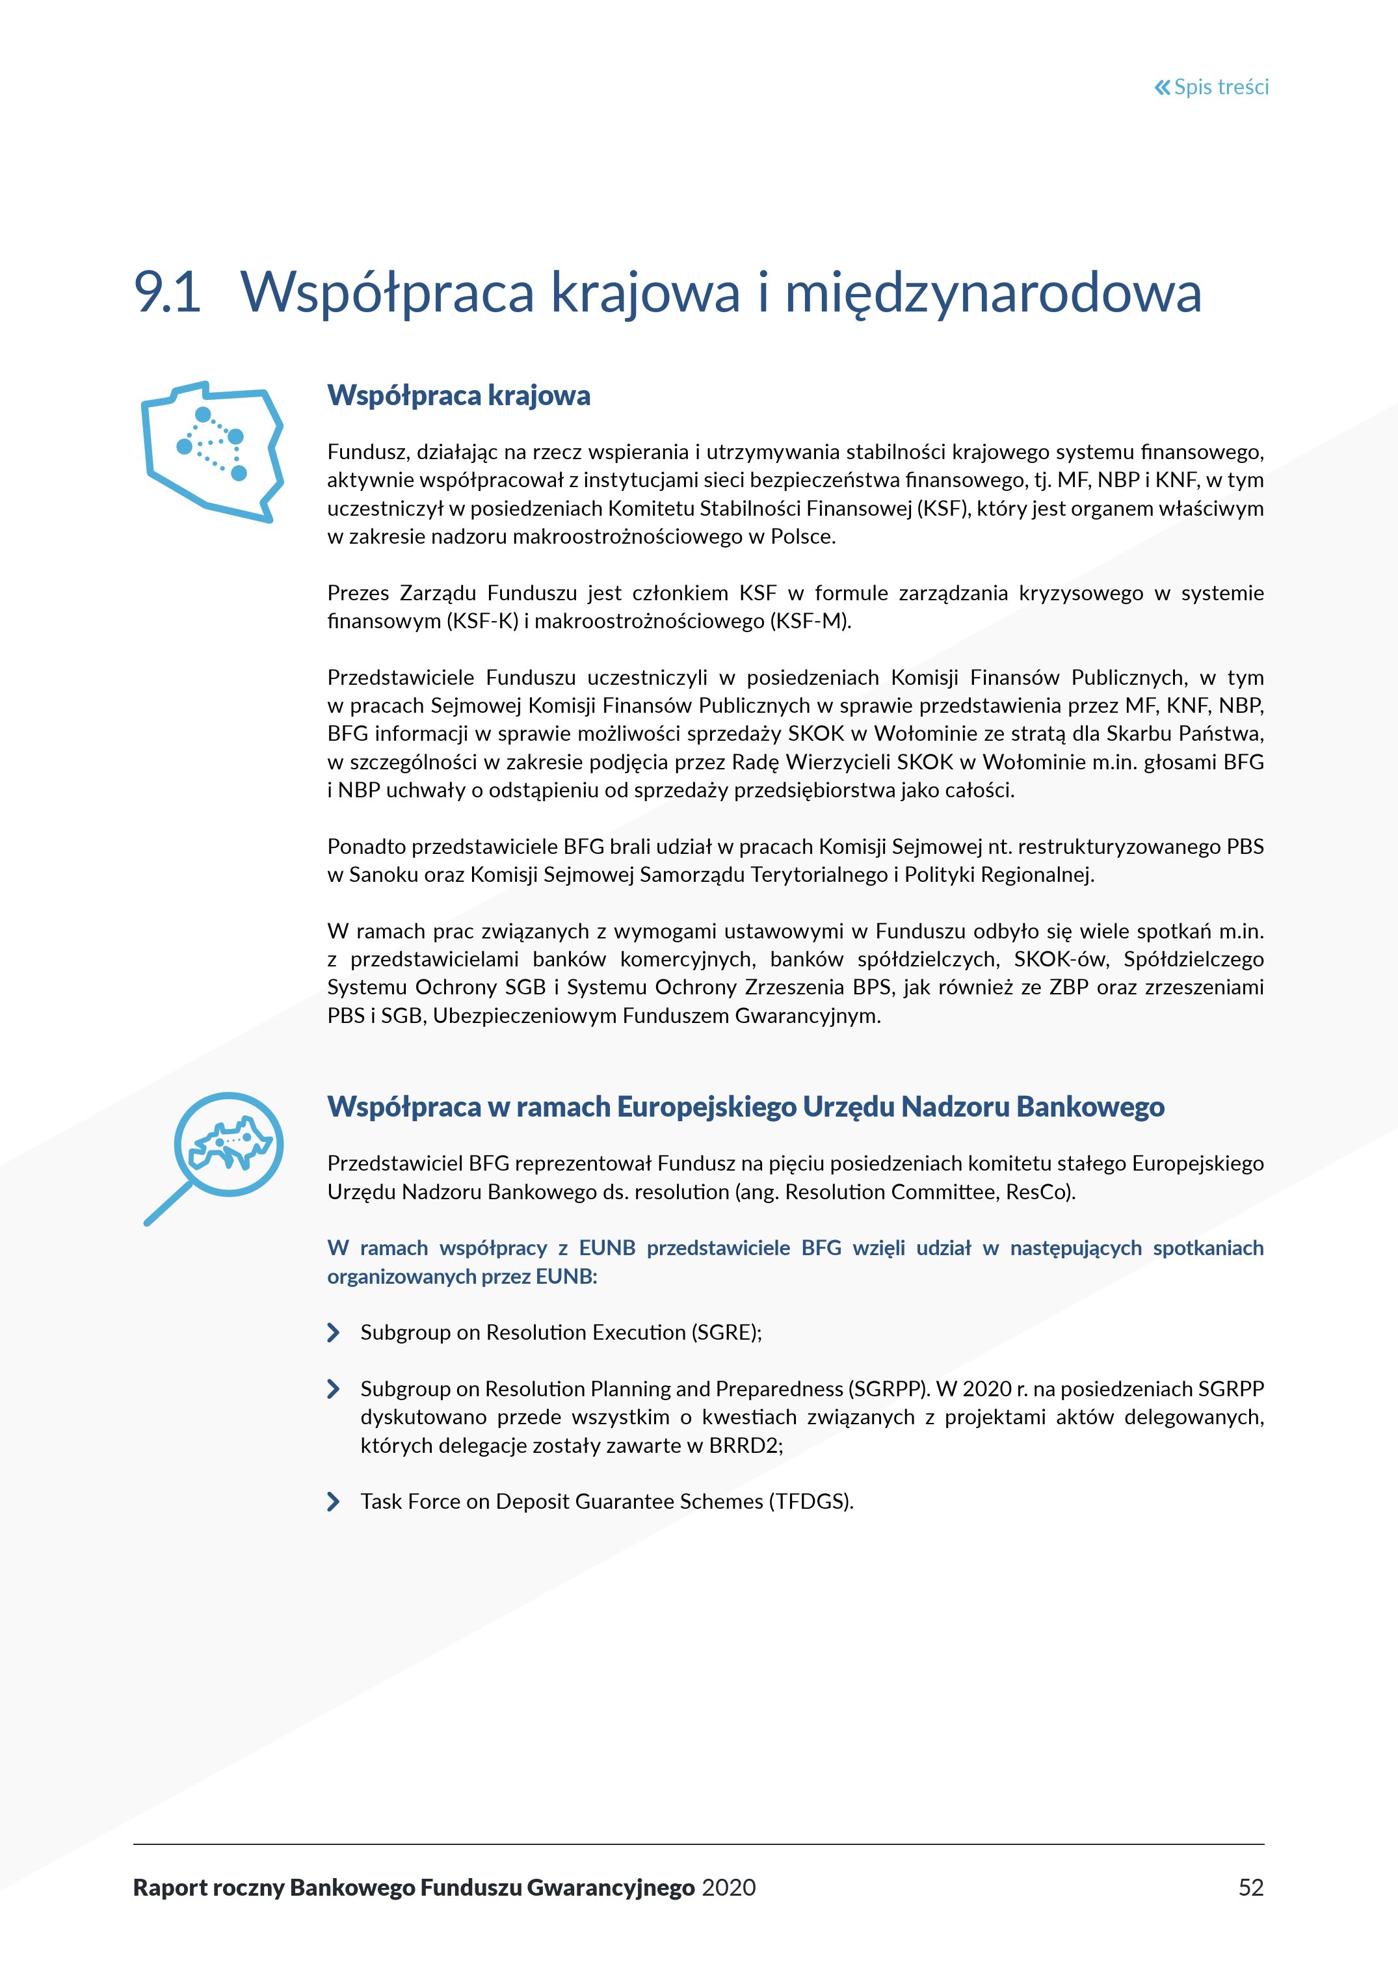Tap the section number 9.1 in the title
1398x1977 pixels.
pos(167,292)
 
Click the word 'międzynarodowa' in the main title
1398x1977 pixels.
pos(992,292)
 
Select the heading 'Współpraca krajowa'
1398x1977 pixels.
pos(459,395)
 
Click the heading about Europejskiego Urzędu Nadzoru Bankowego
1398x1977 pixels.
pos(745,1106)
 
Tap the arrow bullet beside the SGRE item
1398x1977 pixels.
pos(333,1333)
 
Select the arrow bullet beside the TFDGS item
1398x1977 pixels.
pos(333,1502)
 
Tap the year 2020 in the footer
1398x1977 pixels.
pos(728,1887)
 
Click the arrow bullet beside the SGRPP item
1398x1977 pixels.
pos(333,1389)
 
